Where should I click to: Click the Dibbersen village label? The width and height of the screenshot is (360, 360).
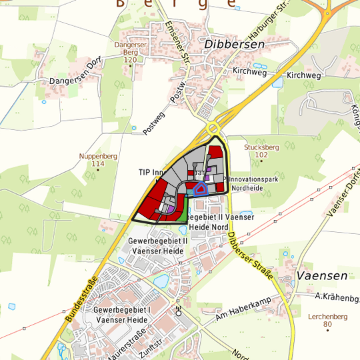tap(235, 44)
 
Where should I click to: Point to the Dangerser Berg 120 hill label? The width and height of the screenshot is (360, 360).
tap(129, 52)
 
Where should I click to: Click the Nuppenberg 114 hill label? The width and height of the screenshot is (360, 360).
tap(98, 159)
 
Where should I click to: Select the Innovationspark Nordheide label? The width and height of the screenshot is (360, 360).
tap(253, 183)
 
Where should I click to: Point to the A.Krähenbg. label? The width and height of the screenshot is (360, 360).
tap(337, 296)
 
